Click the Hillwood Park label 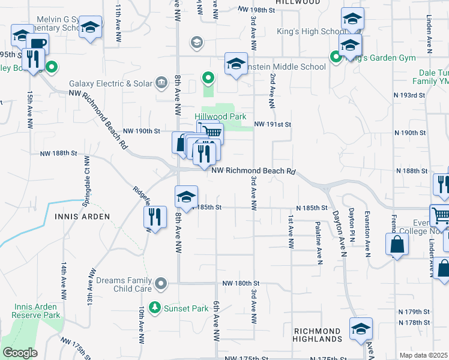click(x=220, y=117)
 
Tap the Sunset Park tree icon click(x=155, y=307)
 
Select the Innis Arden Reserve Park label click(x=37, y=311)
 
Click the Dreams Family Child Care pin click(x=160, y=283)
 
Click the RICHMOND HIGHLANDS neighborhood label click(x=318, y=335)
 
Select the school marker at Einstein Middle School click(x=237, y=64)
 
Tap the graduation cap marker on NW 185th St click(x=186, y=197)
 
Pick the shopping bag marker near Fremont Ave click(x=397, y=244)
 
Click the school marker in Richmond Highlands click(x=361, y=329)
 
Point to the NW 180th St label click(x=240, y=283)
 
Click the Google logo click(x=20, y=353)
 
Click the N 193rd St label click(x=409, y=95)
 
